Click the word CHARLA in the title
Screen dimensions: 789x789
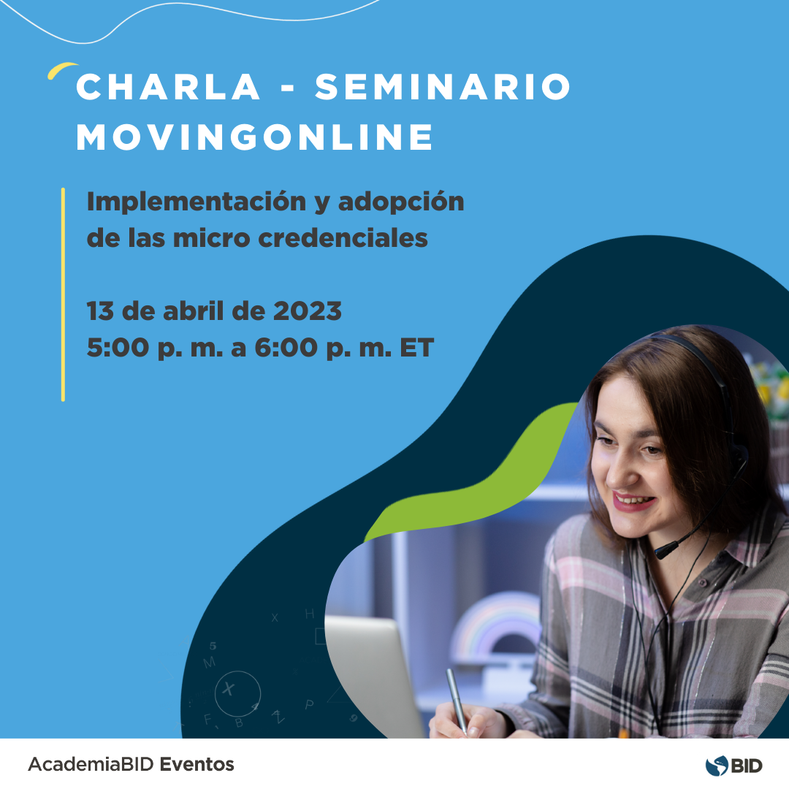tap(169, 88)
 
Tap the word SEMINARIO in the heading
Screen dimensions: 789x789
tap(443, 88)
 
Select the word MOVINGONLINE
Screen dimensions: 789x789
tap(255, 137)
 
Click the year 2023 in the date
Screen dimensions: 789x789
tap(307, 312)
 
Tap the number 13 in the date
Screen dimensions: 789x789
tap(100, 312)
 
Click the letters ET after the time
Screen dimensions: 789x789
tap(416, 348)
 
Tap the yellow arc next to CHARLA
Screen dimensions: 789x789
tap(61, 70)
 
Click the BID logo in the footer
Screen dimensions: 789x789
tap(733, 765)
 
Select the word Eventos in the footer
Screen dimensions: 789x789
tap(197, 765)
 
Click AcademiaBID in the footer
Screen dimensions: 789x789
tap(91, 765)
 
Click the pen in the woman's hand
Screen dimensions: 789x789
tap(456, 698)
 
